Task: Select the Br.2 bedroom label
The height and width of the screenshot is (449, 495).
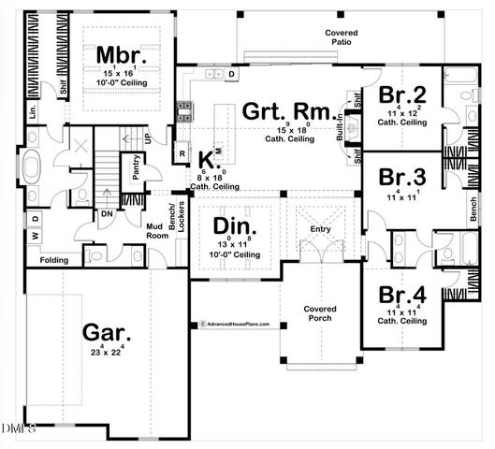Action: click(403, 94)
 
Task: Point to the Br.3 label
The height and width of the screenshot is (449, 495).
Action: click(403, 177)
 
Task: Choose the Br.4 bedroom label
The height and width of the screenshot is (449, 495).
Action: click(403, 293)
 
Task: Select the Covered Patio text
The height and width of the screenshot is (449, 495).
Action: click(342, 37)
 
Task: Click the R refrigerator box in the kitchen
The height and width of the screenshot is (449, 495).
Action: click(182, 152)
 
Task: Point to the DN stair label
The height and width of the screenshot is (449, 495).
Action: click(106, 213)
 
